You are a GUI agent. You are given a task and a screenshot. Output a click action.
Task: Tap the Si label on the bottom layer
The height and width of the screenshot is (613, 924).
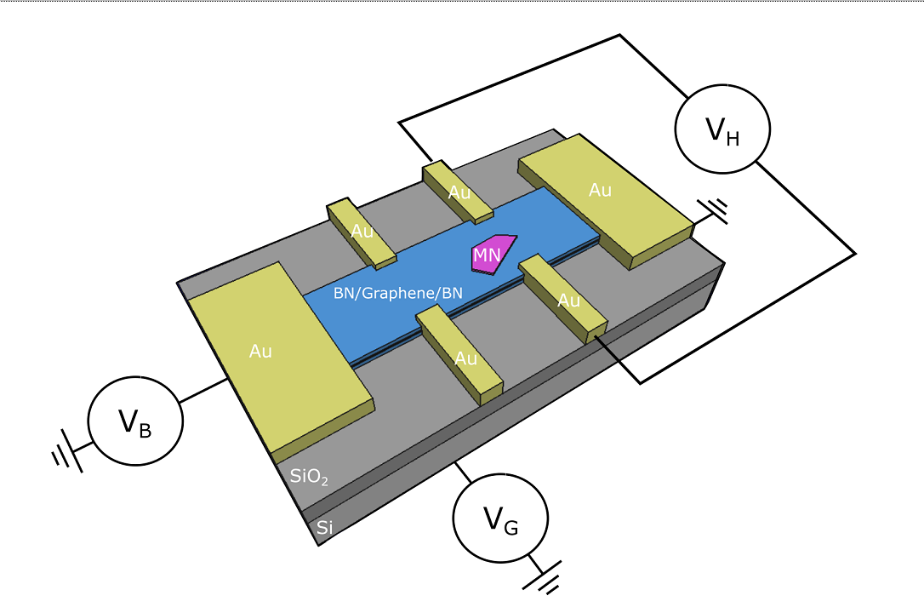[x=324, y=528]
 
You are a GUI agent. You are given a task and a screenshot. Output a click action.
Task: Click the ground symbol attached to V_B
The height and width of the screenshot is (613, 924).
[x=66, y=455]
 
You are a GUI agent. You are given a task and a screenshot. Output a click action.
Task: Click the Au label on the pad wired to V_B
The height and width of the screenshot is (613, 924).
[x=260, y=351]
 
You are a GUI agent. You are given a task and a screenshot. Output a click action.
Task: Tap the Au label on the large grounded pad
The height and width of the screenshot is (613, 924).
[x=600, y=190]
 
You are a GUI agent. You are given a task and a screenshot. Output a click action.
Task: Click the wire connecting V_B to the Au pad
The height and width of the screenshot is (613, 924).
[x=202, y=391]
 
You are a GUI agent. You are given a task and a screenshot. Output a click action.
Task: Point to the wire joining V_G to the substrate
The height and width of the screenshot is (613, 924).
[x=463, y=471]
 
